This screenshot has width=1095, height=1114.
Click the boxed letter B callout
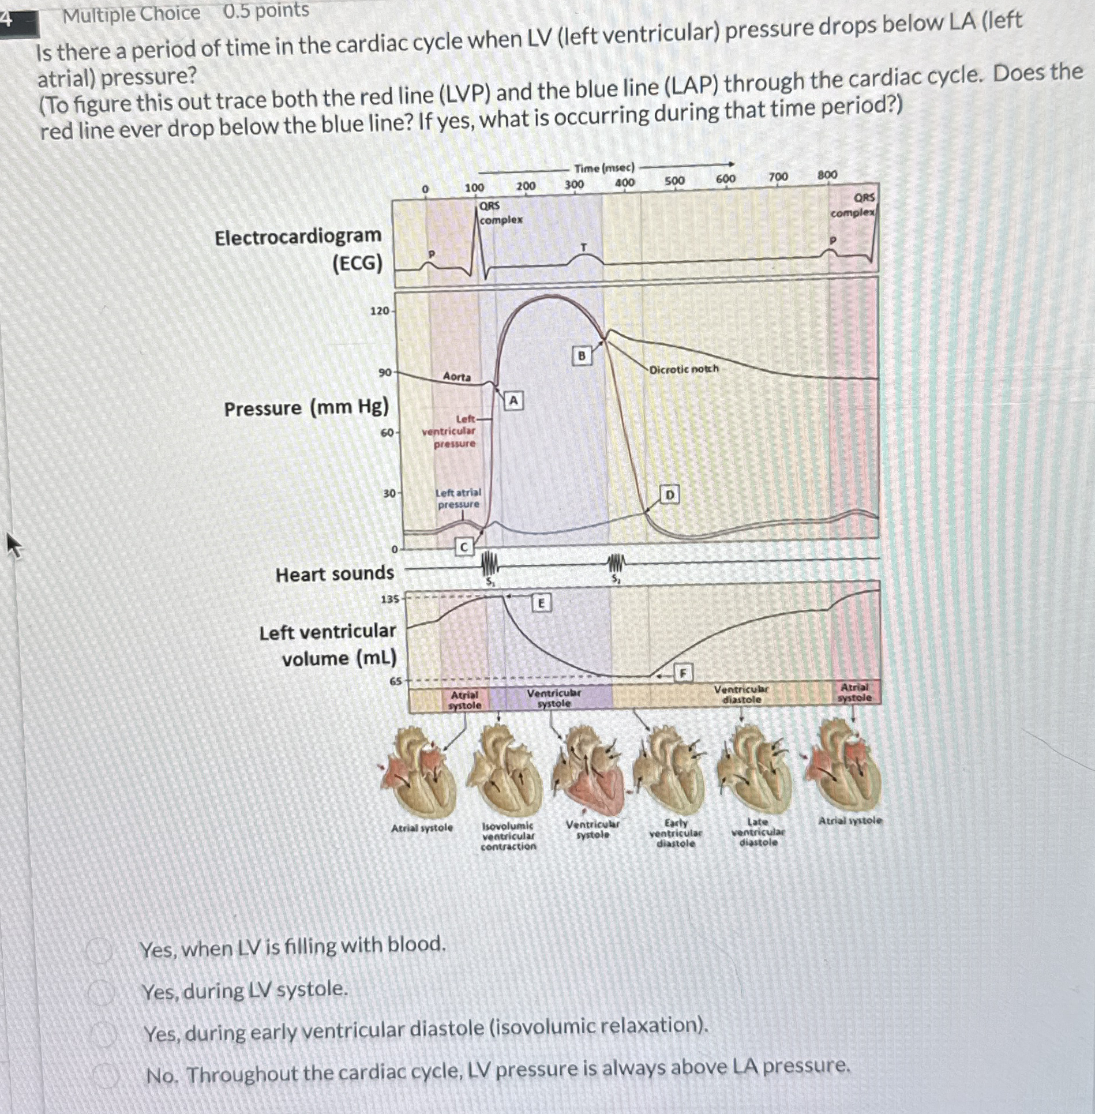coord(582,355)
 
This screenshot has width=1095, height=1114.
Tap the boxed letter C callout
coord(464,546)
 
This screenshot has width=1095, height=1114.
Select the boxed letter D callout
coord(670,494)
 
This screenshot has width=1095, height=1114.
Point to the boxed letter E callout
coord(541,603)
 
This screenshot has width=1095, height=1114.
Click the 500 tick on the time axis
coord(674,181)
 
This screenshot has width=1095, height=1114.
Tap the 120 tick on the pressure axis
coord(380,311)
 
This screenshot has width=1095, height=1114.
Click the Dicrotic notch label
coord(684,369)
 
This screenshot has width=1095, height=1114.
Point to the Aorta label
coord(457,377)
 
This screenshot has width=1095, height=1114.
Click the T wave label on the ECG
coord(583,247)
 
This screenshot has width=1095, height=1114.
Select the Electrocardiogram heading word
coord(298,236)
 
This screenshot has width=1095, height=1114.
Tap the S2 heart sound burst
coord(616,562)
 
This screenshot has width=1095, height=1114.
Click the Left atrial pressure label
coord(458,498)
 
